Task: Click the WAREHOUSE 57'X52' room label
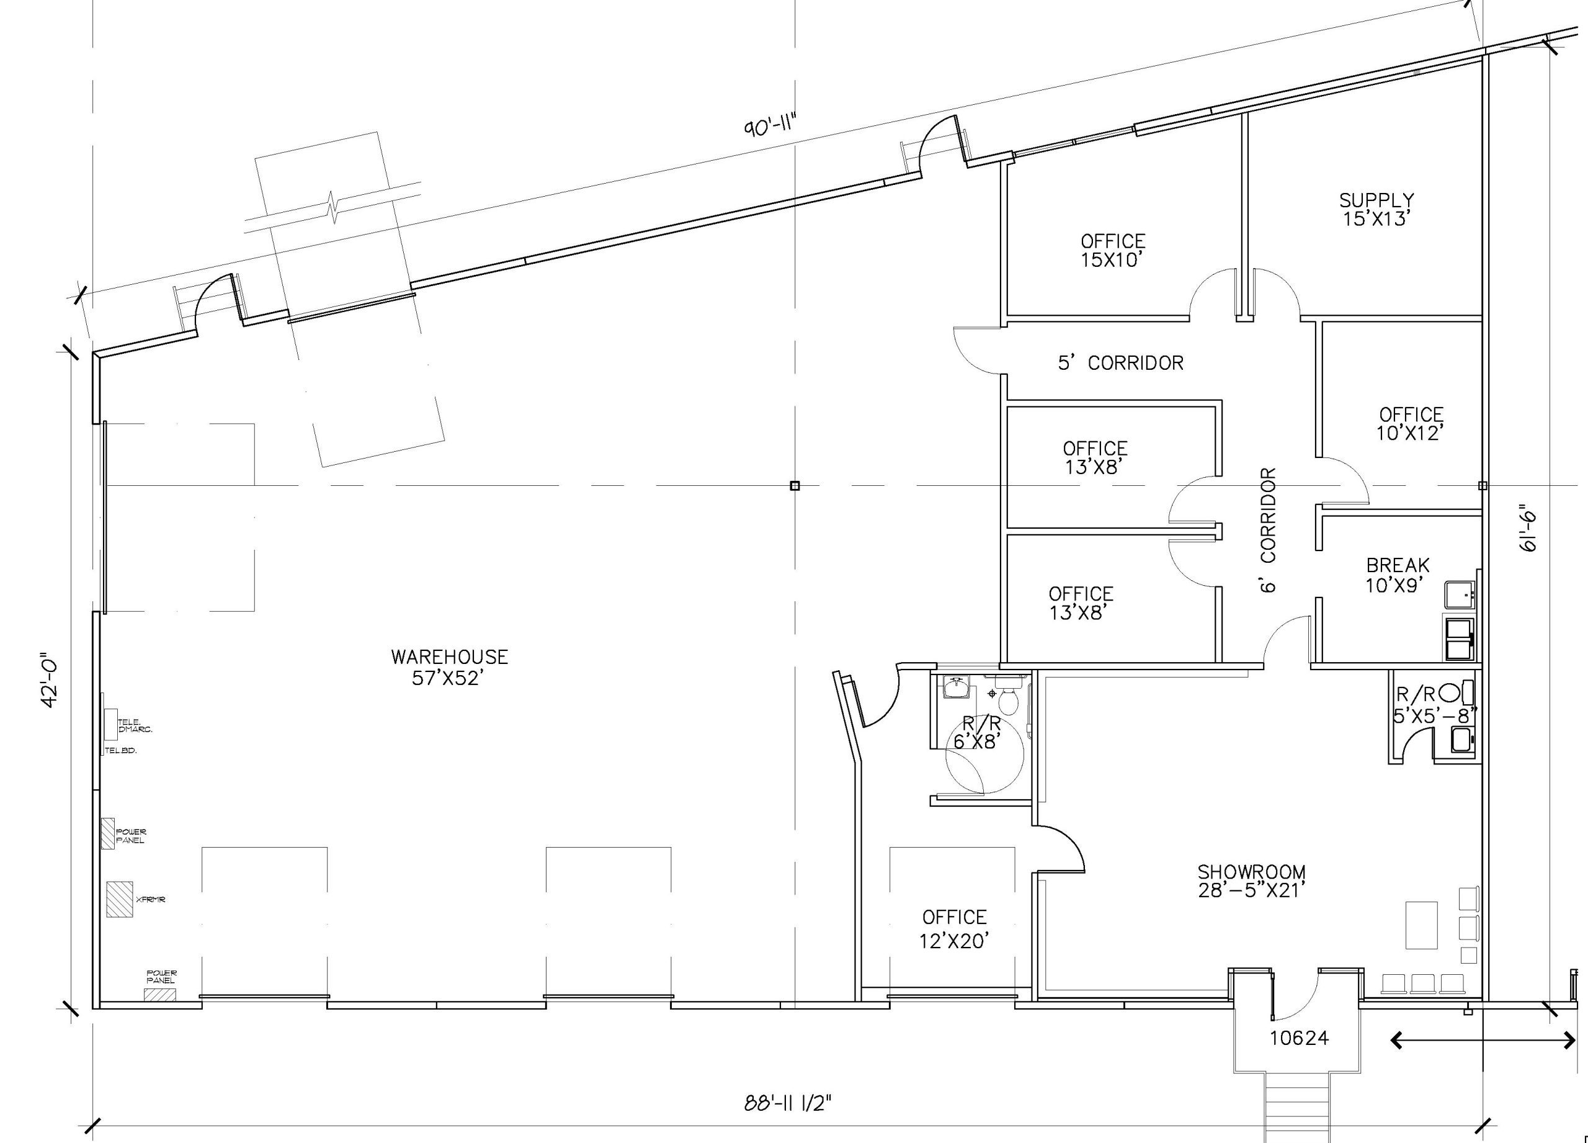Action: (449, 666)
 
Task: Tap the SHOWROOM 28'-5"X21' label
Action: (1251, 881)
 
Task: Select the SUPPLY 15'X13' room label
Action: (1376, 209)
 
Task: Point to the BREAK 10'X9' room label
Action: (1398, 575)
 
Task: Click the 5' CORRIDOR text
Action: (1120, 362)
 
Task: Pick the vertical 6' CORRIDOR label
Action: (1268, 530)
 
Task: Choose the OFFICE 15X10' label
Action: (1113, 251)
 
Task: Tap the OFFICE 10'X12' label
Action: (1411, 424)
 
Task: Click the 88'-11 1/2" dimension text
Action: (788, 1104)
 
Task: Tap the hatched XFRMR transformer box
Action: (120, 899)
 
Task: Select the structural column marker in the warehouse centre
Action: (794, 485)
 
